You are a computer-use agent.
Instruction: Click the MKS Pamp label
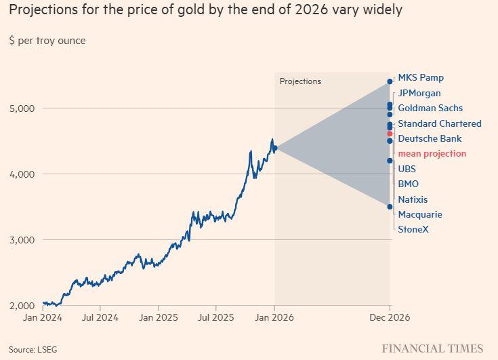421,78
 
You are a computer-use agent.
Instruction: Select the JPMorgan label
419,93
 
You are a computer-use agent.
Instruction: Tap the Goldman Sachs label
430,108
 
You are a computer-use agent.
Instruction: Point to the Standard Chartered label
440,123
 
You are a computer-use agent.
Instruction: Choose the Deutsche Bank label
430,138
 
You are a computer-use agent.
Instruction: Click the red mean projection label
432,154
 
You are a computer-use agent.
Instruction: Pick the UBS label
407,169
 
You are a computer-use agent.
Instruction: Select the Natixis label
413,199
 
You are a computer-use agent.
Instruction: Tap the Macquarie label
420,214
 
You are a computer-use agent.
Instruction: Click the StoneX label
413,229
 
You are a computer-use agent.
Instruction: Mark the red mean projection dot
390,134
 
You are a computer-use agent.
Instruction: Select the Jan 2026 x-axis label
274,317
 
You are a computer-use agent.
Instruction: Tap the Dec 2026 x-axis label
389,317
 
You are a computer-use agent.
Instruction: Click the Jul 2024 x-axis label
100,317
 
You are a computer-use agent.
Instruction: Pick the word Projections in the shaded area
300,81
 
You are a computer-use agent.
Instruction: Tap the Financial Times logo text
432,348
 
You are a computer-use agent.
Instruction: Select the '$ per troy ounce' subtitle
47,41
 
